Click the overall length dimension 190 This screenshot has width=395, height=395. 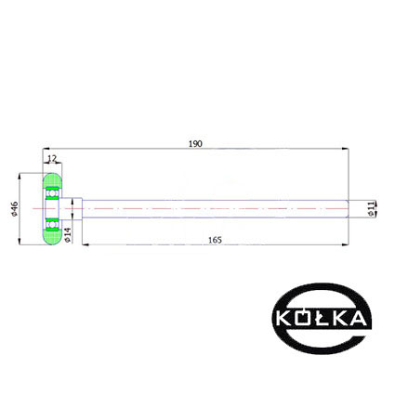pyautogui.click(x=195, y=144)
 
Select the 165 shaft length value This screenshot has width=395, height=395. pyautogui.click(x=215, y=240)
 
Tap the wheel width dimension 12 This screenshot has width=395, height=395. pyautogui.click(x=52, y=159)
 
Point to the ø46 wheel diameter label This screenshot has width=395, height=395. pyautogui.click(x=14, y=209)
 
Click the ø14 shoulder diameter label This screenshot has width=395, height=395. pyautogui.click(x=67, y=235)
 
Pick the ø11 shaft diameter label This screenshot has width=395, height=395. pyautogui.click(x=371, y=209)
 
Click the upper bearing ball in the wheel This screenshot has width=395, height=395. pyautogui.click(x=52, y=193)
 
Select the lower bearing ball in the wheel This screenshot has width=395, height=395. pyautogui.click(x=52, y=224)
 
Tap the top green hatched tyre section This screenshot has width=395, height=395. pyautogui.click(x=52, y=180)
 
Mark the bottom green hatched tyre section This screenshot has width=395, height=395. pyautogui.click(x=52, y=237)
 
